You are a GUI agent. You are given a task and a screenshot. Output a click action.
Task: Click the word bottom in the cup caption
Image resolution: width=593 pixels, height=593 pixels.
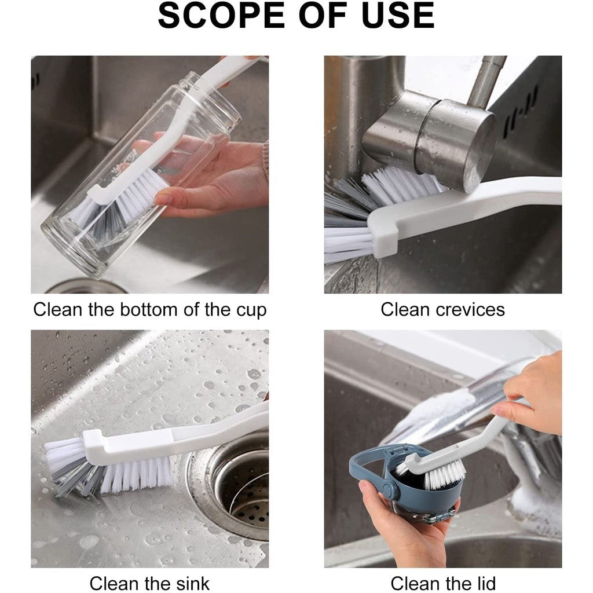(149, 309)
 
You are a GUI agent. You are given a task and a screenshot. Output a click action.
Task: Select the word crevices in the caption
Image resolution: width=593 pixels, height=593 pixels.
(470, 309)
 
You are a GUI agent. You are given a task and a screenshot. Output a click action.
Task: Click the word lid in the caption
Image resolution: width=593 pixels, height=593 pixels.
(485, 583)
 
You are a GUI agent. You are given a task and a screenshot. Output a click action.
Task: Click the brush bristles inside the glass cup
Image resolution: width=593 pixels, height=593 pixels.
(114, 206)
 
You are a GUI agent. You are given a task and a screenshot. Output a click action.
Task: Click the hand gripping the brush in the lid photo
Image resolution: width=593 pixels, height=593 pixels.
(529, 390)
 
